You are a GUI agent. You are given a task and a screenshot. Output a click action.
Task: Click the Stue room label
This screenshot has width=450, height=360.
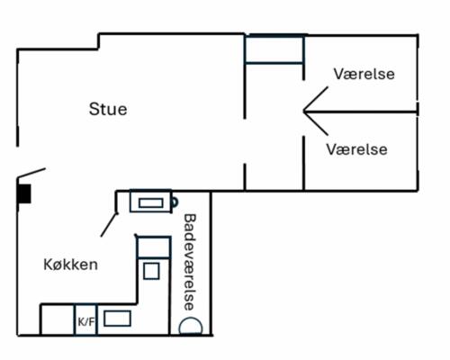point(108,110)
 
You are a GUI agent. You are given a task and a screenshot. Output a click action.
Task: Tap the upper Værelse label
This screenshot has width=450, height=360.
point(364,73)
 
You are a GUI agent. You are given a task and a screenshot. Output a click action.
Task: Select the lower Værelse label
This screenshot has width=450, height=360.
point(357,148)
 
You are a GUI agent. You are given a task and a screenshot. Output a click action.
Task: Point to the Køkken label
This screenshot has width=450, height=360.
point(70,265)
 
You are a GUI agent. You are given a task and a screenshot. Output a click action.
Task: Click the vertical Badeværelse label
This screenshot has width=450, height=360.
point(189,262)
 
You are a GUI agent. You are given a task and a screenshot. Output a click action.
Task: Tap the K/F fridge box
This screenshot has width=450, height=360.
point(85,320)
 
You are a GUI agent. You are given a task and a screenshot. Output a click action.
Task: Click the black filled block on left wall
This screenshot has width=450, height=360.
point(24,193)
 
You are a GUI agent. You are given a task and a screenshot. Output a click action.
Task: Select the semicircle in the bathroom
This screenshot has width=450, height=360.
point(190,327)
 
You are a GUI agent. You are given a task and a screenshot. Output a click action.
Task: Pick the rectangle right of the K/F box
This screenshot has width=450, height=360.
point(116,318)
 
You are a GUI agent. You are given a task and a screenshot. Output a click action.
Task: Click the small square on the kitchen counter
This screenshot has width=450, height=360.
point(151,270)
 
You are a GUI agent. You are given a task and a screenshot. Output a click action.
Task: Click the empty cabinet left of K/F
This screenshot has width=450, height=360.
point(57,320)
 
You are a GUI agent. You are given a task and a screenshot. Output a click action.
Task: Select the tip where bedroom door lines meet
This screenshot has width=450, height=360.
point(303,112)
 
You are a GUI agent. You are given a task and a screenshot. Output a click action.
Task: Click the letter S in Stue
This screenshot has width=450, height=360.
point(94,110)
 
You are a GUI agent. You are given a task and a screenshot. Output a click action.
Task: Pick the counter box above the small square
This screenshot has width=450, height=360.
point(152,245)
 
